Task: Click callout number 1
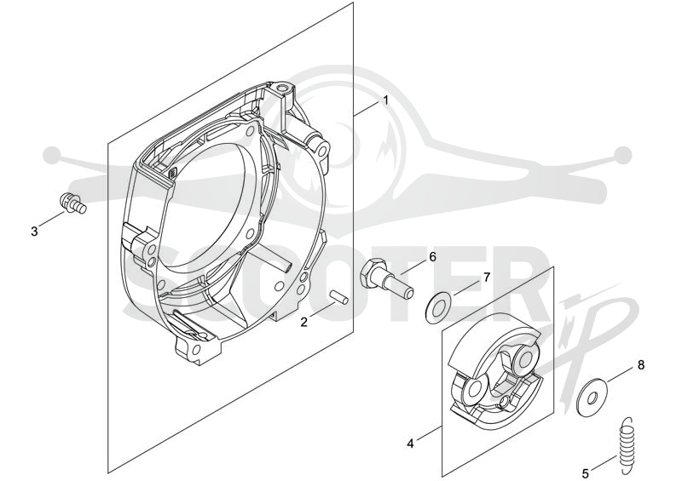pyautogui.click(x=385, y=100)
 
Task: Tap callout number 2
pyautogui.click(x=304, y=322)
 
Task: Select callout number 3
pyautogui.click(x=34, y=232)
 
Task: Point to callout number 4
pyautogui.click(x=410, y=444)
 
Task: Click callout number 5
pyautogui.click(x=586, y=472)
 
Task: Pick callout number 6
pyautogui.click(x=432, y=257)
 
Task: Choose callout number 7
pyautogui.click(x=487, y=277)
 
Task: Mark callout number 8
pyautogui.click(x=641, y=365)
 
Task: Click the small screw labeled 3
pyautogui.click(x=72, y=203)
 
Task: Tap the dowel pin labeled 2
pyautogui.click(x=338, y=296)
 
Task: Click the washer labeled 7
pyautogui.click(x=437, y=308)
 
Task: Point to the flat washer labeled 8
pyautogui.click(x=592, y=397)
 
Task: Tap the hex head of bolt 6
pyautogui.click(x=372, y=271)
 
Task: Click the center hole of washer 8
pyautogui.click(x=592, y=397)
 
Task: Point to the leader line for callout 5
pyautogui.click(x=604, y=462)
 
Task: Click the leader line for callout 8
pyautogui.click(x=620, y=375)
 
